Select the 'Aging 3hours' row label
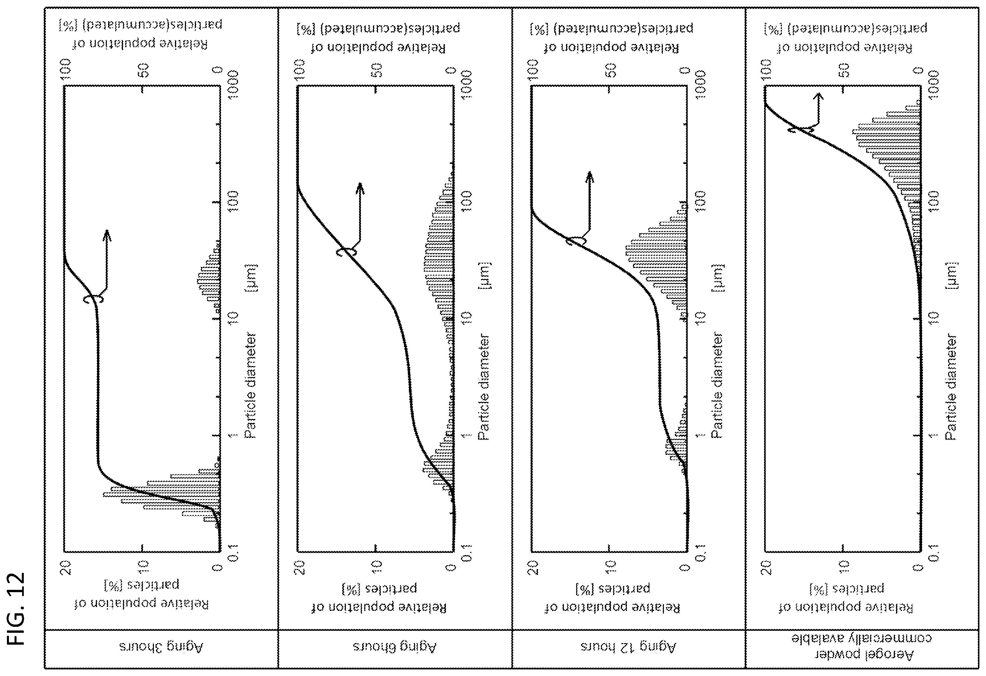[x=161, y=647]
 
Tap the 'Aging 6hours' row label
[x=395, y=647]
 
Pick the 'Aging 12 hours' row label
[x=628, y=647]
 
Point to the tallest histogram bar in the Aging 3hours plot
[x=161, y=494]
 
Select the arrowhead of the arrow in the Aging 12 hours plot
[x=589, y=177]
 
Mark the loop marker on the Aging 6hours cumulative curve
[x=347, y=252]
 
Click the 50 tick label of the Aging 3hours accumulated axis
[x=145, y=70]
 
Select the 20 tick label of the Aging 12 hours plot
[x=532, y=567]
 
